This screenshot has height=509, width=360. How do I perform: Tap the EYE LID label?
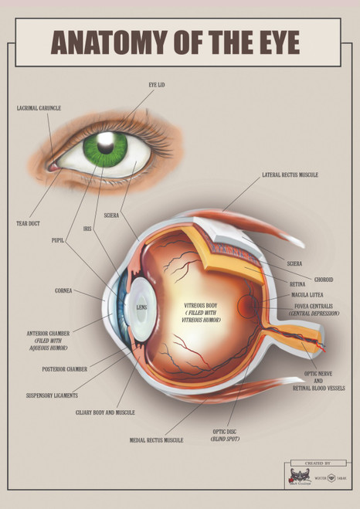coord(156,84)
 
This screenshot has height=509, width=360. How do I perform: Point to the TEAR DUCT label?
coord(28,223)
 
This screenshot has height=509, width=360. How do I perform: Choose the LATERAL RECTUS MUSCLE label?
coord(290,175)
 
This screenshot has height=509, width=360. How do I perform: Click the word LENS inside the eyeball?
coord(141,307)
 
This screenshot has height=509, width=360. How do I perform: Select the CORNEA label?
coord(63,291)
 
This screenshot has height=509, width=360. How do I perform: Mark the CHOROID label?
coord(302,279)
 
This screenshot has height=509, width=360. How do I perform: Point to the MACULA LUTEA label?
coord(307,295)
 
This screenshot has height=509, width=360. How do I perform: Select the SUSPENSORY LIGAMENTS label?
coord(52,395)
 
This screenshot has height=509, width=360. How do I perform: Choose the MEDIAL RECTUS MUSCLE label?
coord(157,440)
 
